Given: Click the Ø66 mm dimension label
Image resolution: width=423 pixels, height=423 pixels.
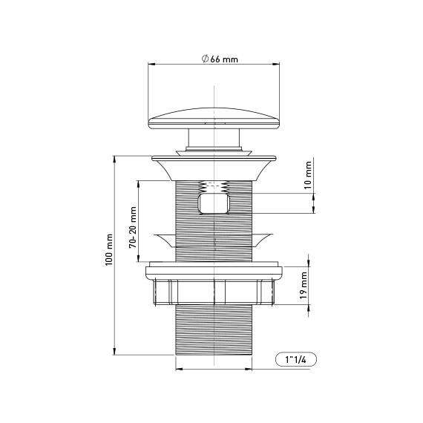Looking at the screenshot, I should [x=219, y=59].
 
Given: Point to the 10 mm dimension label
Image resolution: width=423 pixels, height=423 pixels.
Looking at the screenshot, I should [x=308, y=179].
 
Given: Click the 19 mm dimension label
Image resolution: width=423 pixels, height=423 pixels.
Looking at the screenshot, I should [x=305, y=286].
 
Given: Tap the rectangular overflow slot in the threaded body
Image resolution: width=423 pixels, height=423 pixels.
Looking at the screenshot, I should [x=214, y=203].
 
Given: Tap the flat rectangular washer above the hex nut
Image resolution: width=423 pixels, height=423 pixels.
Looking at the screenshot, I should [x=214, y=268].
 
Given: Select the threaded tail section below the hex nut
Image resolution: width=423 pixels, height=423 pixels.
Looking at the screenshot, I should [x=214, y=334].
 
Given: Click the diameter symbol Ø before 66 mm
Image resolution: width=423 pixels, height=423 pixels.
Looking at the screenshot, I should [x=204, y=59].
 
